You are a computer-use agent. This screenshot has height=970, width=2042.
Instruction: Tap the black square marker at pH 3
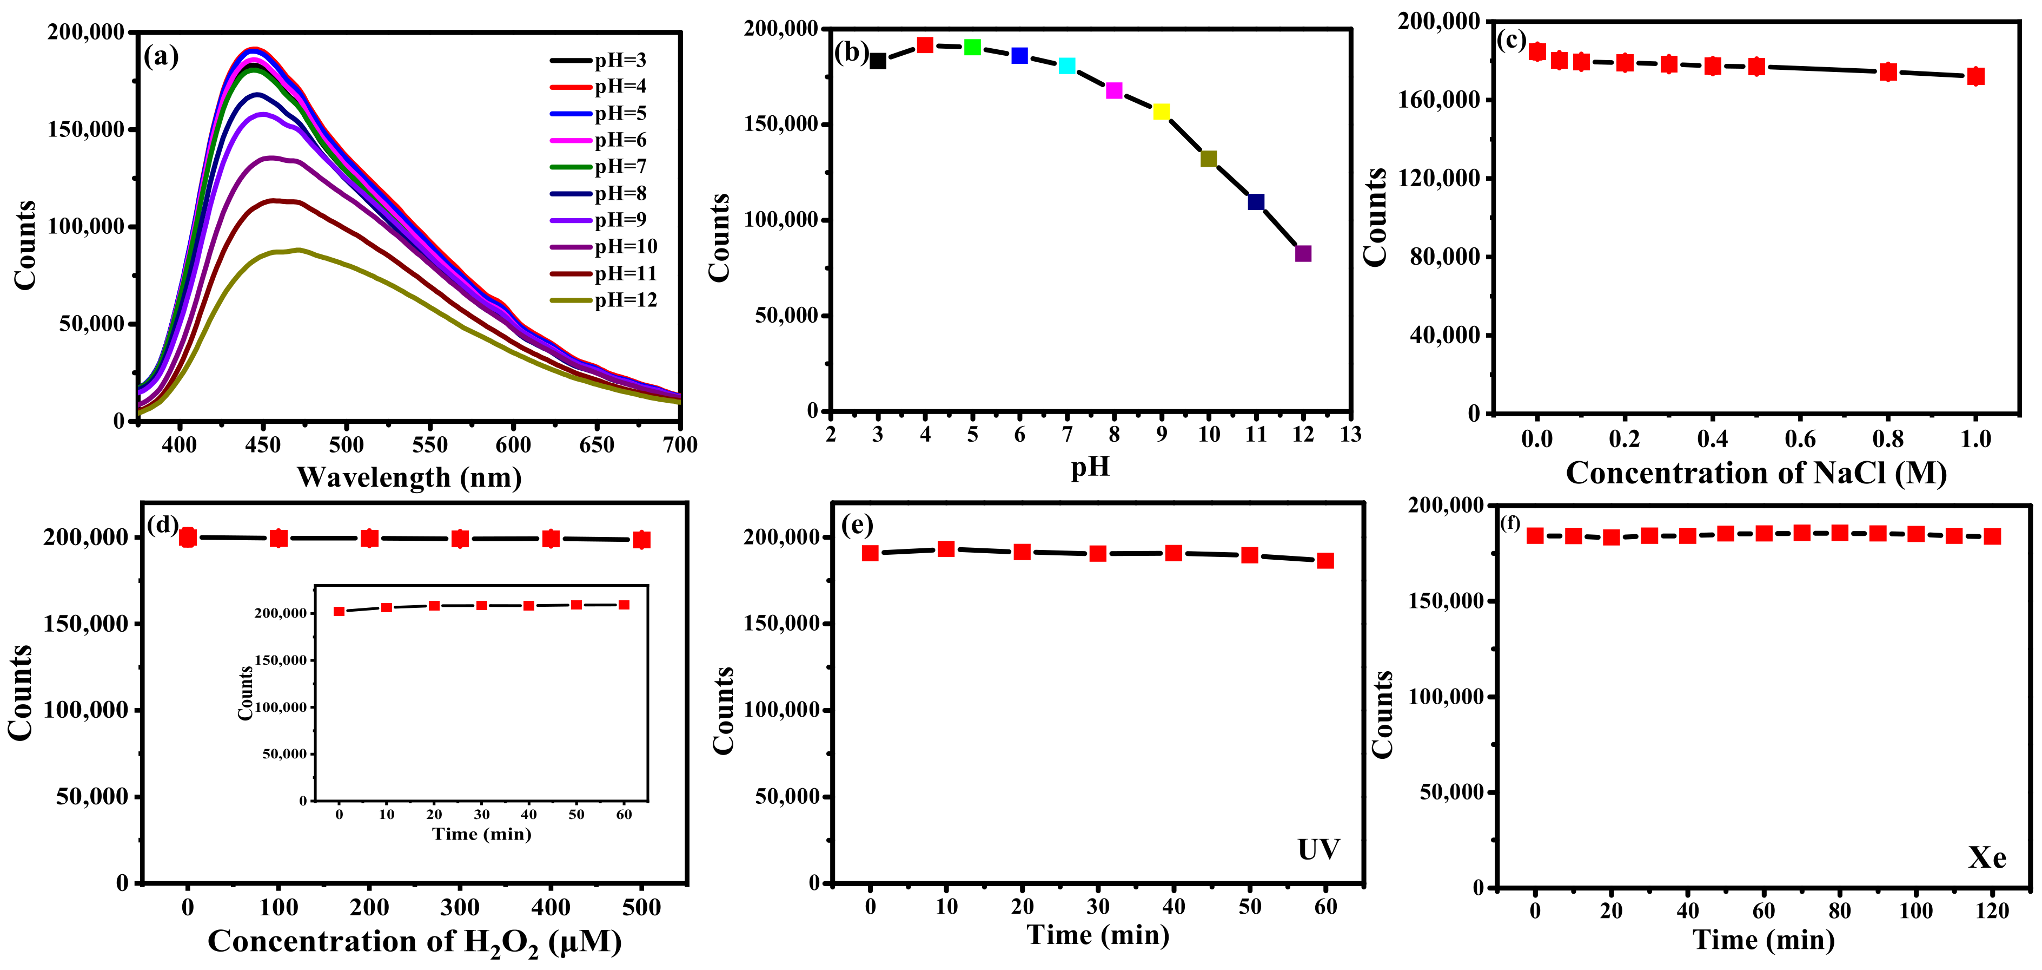click(878, 61)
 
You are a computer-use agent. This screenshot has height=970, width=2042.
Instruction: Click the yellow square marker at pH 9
click(1161, 112)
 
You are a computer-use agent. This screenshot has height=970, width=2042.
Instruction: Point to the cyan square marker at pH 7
click(1067, 66)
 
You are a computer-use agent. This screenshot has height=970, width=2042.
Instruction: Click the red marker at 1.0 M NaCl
click(1976, 76)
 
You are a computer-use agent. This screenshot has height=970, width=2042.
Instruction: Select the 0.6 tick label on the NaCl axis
click(1800, 438)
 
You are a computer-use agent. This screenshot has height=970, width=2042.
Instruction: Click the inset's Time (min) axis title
click(481, 834)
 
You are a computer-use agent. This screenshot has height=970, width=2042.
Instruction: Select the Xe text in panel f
click(1986, 857)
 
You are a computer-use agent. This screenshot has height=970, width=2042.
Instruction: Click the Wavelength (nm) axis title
click(409, 477)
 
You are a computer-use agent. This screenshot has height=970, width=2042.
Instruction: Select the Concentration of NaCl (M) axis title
click(1756, 474)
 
